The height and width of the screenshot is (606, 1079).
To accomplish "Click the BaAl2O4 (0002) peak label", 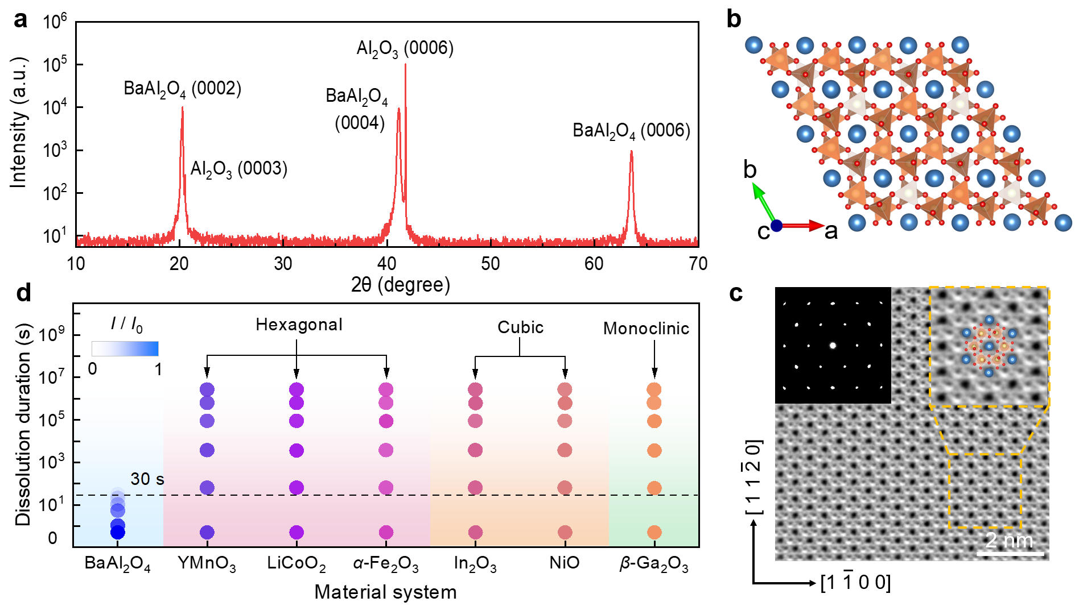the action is point(183,89).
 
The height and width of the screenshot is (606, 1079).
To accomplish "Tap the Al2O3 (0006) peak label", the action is point(405,49).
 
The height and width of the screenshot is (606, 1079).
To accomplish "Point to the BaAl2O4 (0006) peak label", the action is point(631,131).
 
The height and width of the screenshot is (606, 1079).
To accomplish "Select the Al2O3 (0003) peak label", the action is point(238,169).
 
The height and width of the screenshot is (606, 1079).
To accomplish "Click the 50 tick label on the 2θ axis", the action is point(491,264).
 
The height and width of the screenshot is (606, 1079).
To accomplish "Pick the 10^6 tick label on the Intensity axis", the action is point(55,21).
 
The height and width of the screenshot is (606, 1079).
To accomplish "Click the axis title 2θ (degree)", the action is point(401,285).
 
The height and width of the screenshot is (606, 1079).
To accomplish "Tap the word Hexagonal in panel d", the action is point(299,325).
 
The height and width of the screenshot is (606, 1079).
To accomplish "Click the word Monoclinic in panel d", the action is point(646,328).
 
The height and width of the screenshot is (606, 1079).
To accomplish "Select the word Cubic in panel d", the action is point(521,327).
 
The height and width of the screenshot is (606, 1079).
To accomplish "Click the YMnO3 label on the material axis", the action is point(207,563).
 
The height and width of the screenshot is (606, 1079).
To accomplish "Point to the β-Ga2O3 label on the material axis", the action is point(654,565).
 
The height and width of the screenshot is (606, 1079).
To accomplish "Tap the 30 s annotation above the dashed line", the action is point(147,479).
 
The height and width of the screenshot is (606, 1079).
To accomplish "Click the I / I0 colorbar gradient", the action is point(125,348).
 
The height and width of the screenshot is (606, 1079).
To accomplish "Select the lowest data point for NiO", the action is point(565,533).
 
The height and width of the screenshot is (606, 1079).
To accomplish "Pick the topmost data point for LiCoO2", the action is point(296,390).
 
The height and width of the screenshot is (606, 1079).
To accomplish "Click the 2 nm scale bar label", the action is point(1010,540).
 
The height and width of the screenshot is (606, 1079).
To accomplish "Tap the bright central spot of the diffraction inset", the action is point(833,345).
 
